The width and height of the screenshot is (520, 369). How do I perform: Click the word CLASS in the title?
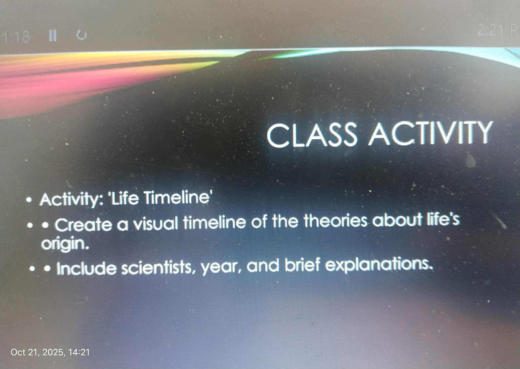point(312,135)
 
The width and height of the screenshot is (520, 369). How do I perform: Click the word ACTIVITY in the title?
point(430,133)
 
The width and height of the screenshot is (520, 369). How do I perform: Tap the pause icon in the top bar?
point(53,35)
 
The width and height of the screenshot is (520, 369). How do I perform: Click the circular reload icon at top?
point(82,35)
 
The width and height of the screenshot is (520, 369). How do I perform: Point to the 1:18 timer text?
point(17,37)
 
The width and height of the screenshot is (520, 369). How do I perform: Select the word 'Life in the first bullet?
point(124,198)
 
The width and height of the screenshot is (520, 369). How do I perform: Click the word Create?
point(84,225)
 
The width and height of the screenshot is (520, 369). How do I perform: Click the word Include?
point(86,268)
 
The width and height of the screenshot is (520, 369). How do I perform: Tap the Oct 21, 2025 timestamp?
point(50,352)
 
